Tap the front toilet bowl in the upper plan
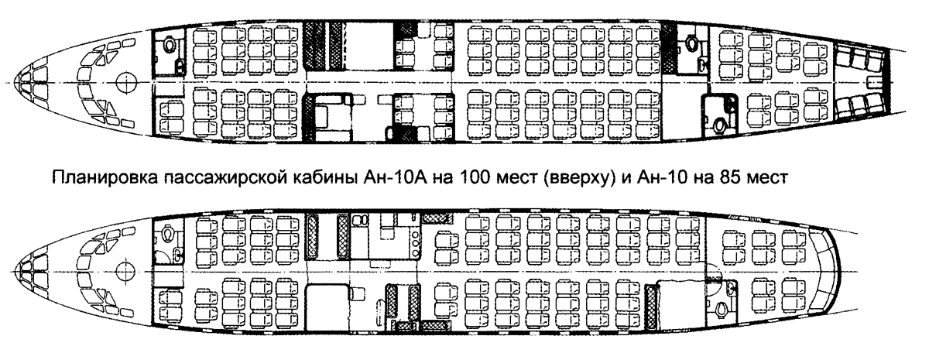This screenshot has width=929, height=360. [170, 43]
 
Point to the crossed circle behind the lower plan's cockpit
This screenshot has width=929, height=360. [125, 272]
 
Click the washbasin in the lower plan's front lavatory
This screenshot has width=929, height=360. [177, 253]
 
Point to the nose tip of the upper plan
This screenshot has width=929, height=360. [14, 83]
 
